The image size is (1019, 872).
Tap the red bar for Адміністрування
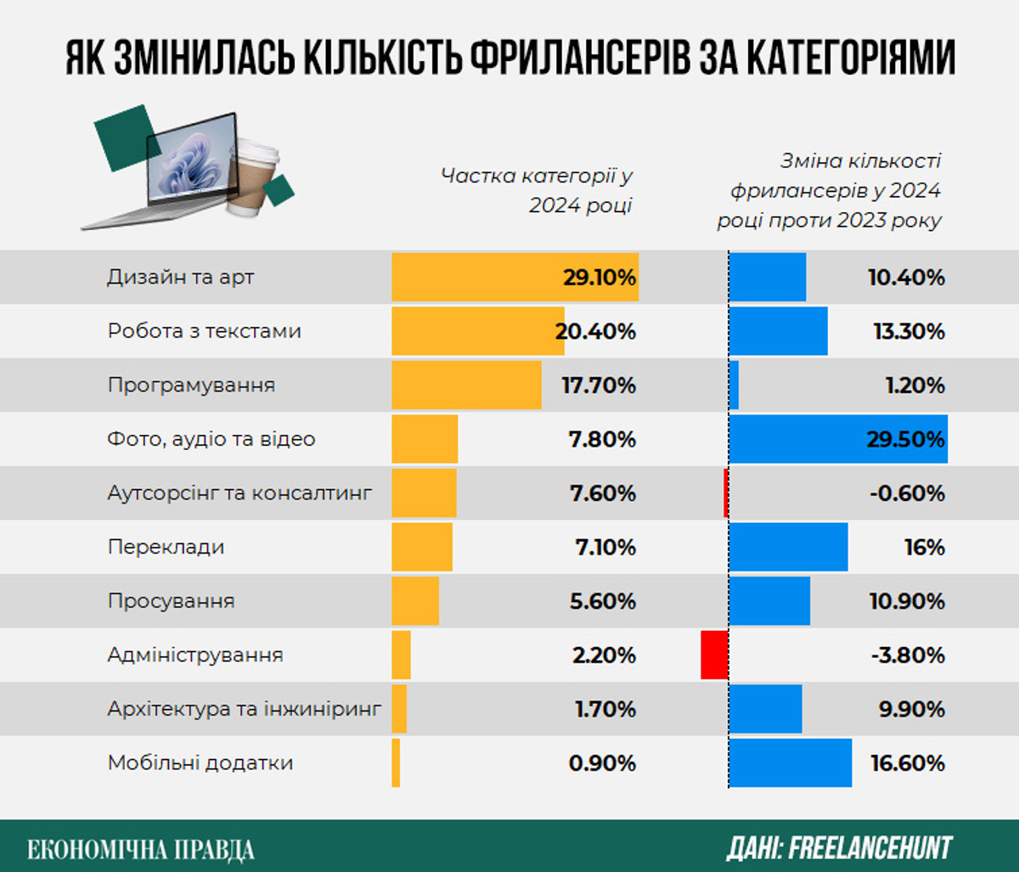[714, 655]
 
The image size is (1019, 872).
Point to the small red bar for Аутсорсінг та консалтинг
[726, 493]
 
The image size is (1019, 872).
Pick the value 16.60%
[907, 763]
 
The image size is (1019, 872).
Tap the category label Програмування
[191, 385]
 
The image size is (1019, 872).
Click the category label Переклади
[166, 548]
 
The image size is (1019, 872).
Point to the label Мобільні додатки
[200, 763]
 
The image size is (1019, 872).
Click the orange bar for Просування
[415, 601]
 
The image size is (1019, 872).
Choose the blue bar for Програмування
[734, 385]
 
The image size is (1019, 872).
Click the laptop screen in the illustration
[191, 161]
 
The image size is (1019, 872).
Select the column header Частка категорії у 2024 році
[537, 191]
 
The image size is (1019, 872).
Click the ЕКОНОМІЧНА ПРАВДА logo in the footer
[141, 848]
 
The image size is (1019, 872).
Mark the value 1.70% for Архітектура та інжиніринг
[605, 709]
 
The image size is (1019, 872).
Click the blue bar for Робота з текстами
[778, 331]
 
